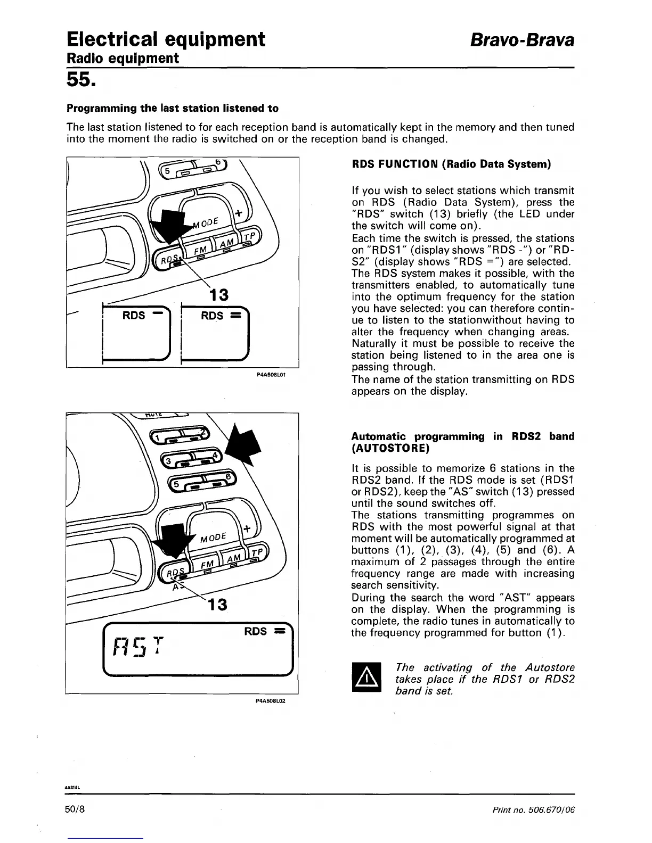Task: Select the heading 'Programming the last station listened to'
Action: coord(172,109)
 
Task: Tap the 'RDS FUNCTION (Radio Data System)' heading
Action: coord(451,164)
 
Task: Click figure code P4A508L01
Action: coord(272,375)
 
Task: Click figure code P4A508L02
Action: coord(272,701)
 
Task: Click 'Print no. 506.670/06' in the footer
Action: coord(534,810)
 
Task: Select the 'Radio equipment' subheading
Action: coord(122,58)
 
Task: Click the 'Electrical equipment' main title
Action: coord(166,39)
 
